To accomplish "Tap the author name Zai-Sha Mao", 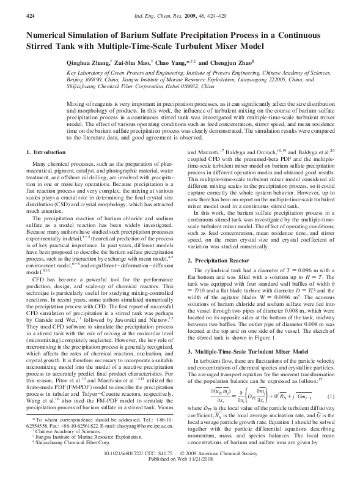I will point(129,63).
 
